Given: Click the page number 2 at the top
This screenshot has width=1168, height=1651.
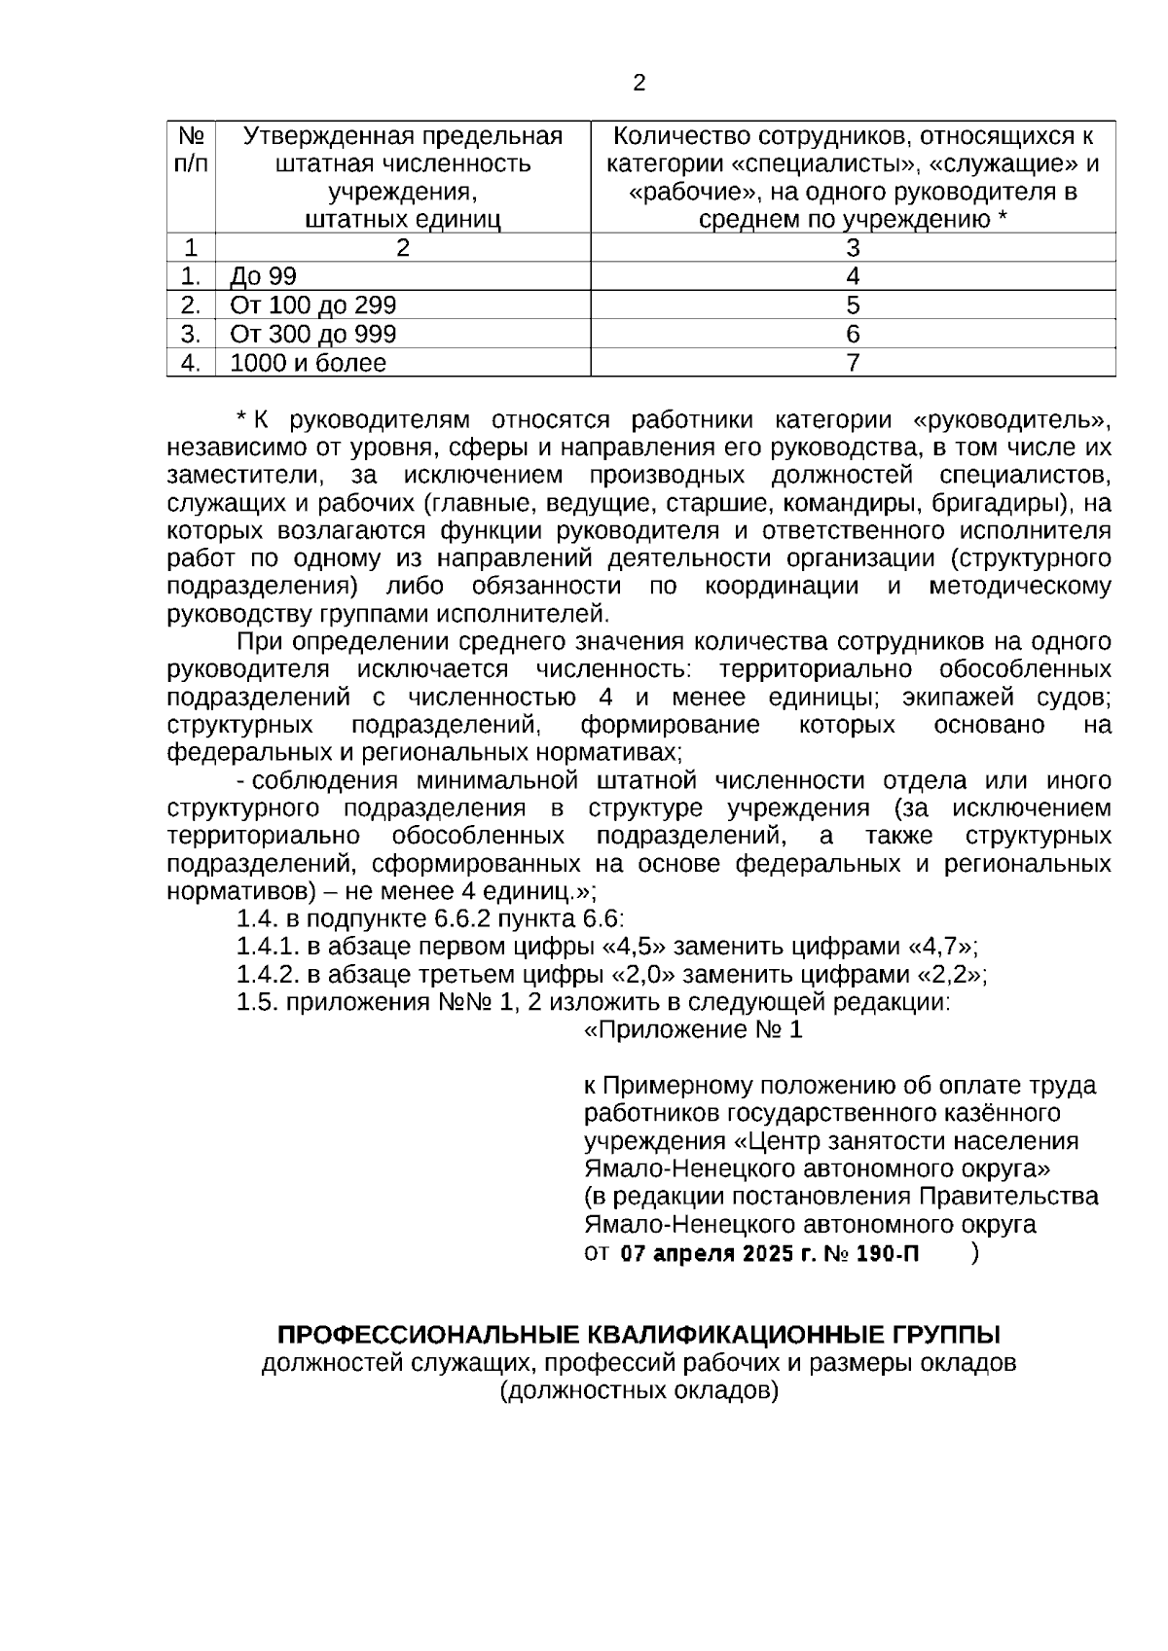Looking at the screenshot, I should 639,84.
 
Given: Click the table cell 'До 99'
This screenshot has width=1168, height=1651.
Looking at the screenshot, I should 263,277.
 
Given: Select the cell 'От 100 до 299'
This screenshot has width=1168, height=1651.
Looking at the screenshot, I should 312,305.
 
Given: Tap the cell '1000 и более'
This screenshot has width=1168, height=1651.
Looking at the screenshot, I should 308,364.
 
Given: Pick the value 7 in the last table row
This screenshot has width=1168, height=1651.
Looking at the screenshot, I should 853,364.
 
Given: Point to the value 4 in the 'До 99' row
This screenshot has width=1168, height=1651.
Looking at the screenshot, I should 853,277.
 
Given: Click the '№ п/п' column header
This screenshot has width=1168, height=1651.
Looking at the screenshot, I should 191,150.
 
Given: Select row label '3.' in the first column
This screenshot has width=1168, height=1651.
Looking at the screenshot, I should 191,335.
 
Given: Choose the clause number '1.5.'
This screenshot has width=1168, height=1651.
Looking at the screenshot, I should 257,1003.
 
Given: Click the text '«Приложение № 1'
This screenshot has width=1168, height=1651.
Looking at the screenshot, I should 693,1031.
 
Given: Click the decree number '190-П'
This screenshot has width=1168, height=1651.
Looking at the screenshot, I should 887,1254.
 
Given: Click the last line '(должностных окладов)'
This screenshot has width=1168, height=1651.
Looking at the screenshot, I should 639,1390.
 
